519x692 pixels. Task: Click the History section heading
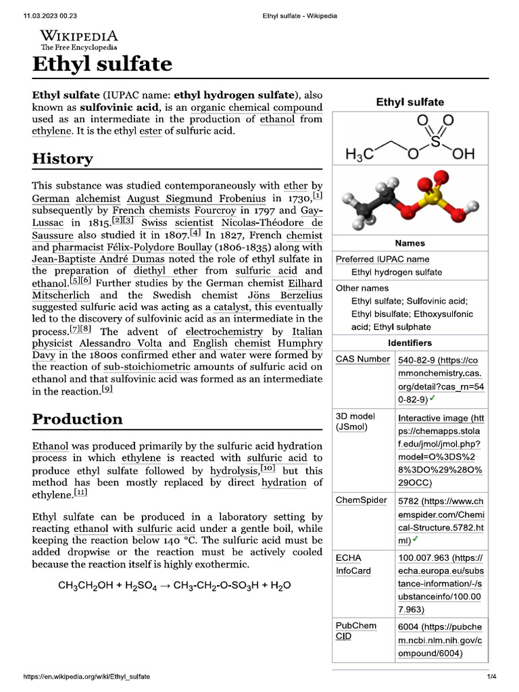[63, 159]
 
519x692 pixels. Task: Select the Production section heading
[78, 419]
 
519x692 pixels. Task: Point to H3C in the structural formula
[360, 154]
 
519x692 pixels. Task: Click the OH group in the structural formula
[464, 154]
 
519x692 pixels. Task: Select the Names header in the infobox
[410, 243]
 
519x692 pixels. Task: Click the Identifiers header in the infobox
[410, 343]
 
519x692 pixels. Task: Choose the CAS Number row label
[362, 359]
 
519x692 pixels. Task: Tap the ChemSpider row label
[362, 500]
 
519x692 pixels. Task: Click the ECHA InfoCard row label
[353, 564]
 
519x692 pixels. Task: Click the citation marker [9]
[107, 389]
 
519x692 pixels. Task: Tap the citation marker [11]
[81, 493]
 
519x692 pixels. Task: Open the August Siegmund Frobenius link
[197, 199]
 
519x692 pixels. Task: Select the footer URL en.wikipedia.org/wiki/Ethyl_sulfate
[86, 676]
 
